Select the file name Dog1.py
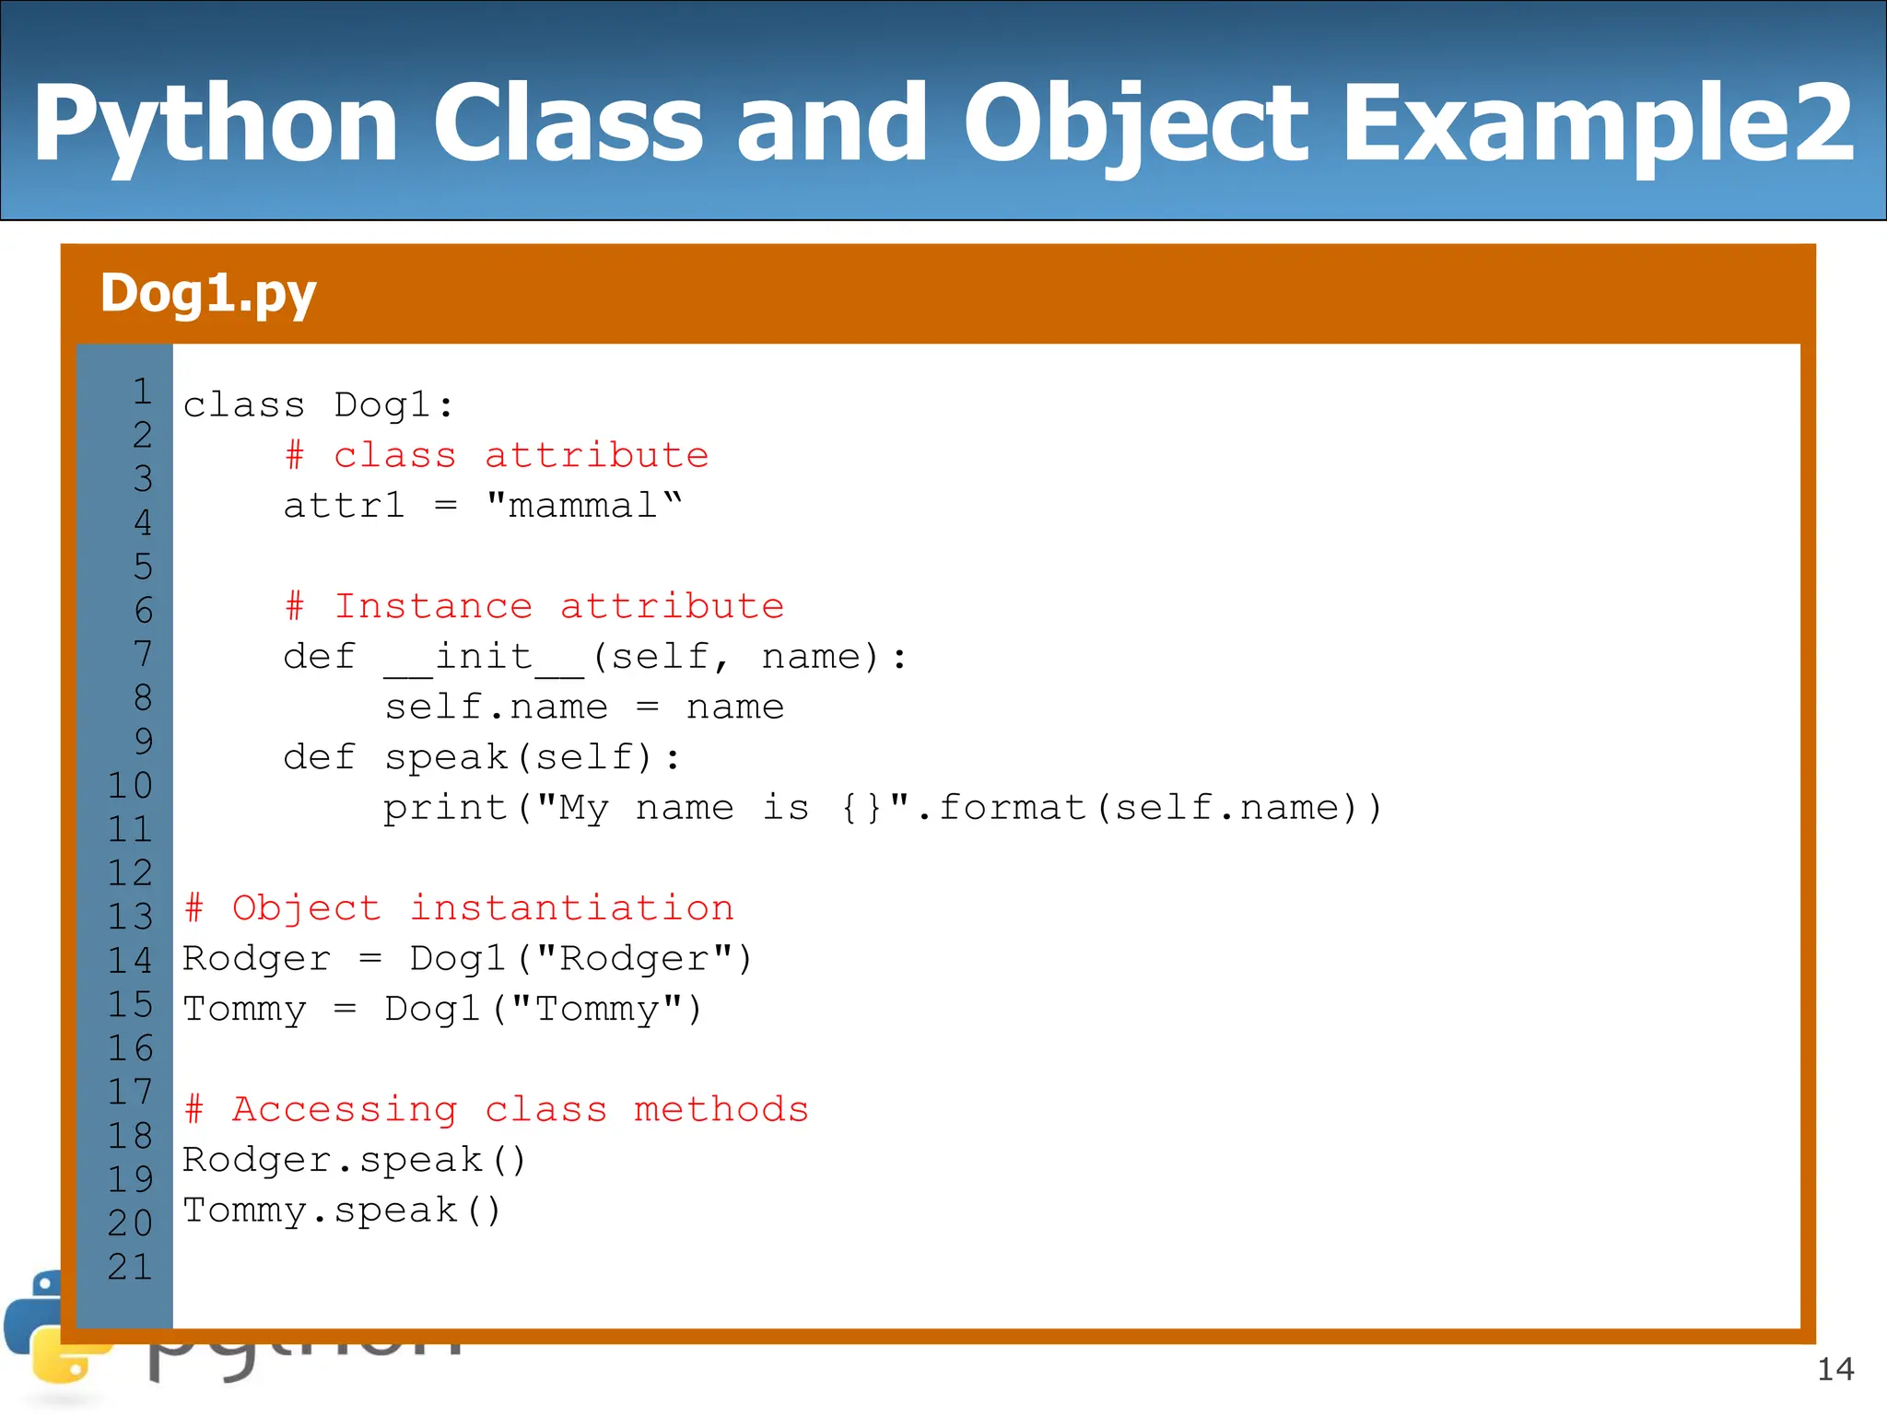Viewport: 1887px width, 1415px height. click(x=208, y=294)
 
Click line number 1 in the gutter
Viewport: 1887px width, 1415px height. click(x=142, y=392)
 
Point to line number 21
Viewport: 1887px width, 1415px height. click(x=130, y=1268)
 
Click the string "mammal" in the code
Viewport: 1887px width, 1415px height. click(x=584, y=506)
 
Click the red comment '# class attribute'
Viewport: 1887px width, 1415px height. click(x=497, y=455)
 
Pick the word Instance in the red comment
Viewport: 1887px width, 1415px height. click(x=433, y=606)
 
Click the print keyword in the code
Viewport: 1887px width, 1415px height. click(x=445, y=809)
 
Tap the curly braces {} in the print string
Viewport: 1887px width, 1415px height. click(x=861, y=809)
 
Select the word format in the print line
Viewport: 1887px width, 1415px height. click(x=1012, y=808)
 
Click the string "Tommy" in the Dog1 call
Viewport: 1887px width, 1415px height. click(x=596, y=1010)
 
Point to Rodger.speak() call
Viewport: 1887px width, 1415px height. click(x=354, y=1161)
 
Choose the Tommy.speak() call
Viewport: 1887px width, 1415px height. click(x=342, y=1210)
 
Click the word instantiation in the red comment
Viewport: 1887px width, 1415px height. click(x=571, y=908)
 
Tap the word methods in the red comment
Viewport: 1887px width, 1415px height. click(x=721, y=1109)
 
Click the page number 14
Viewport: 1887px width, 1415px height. click(x=1834, y=1370)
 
